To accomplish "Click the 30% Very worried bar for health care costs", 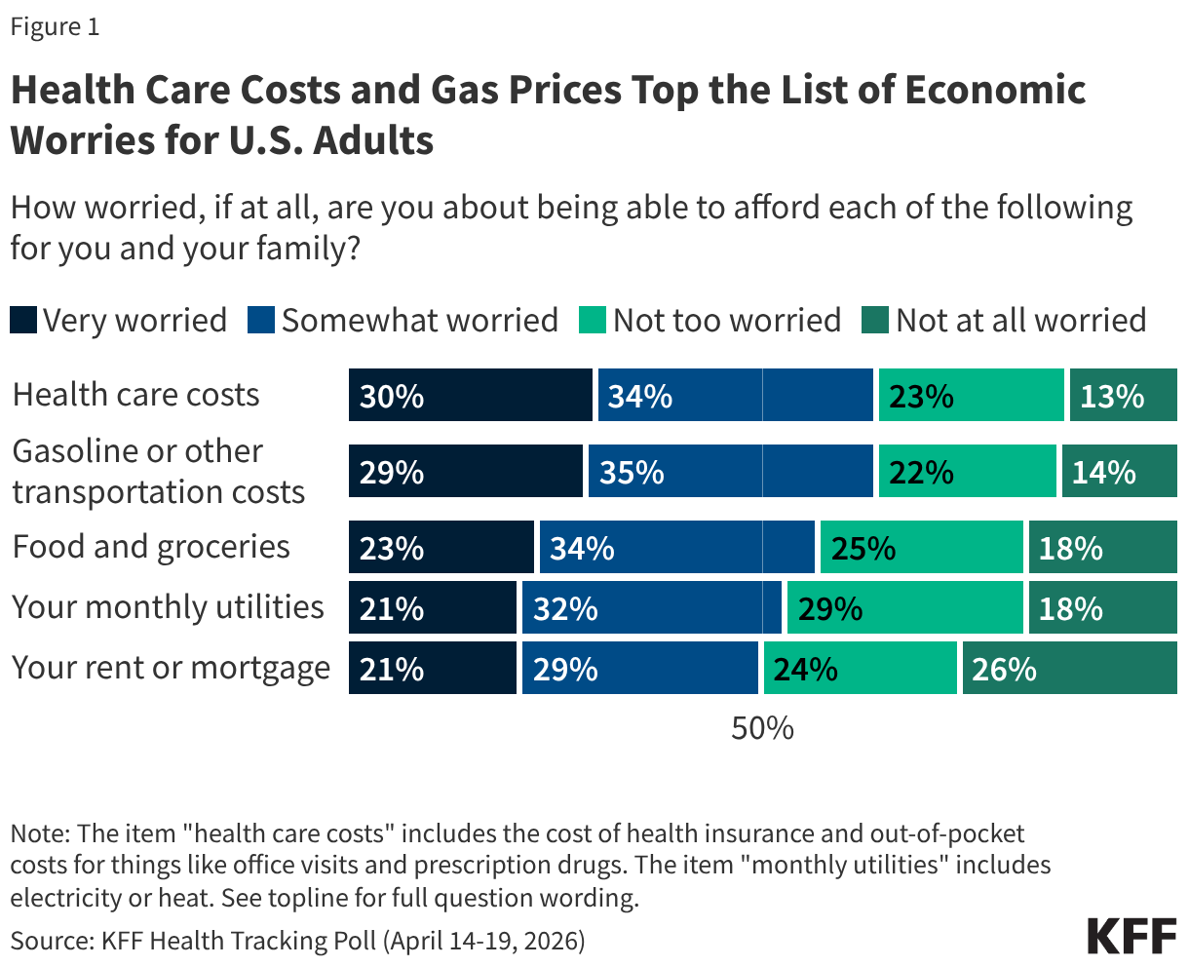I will pyautogui.click(x=471, y=396).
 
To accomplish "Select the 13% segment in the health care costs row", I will pyautogui.click(x=1123, y=396).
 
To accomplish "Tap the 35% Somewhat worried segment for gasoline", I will pyautogui.click(x=730, y=472).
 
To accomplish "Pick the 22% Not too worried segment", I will pyautogui.click(x=967, y=472).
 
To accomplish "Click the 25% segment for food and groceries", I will pyautogui.click(x=921, y=548).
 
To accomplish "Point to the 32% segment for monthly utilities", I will pyautogui.click(x=651, y=608).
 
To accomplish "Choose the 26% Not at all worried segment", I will pyautogui.click(x=1069, y=669).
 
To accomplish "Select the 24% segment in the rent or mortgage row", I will pyautogui.click(x=860, y=669).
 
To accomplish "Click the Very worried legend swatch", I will pyautogui.click(x=23, y=321).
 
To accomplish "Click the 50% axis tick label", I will pyautogui.click(x=762, y=728).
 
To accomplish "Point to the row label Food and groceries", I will pyautogui.click(x=151, y=547).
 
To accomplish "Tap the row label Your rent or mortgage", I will pyautogui.click(x=171, y=669).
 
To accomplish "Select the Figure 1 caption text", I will pyautogui.click(x=55, y=27).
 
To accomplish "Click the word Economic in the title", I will pyautogui.click(x=994, y=91).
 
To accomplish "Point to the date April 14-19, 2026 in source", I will pyautogui.click(x=483, y=941).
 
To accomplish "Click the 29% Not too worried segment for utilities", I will pyautogui.click(x=904, y=608).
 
